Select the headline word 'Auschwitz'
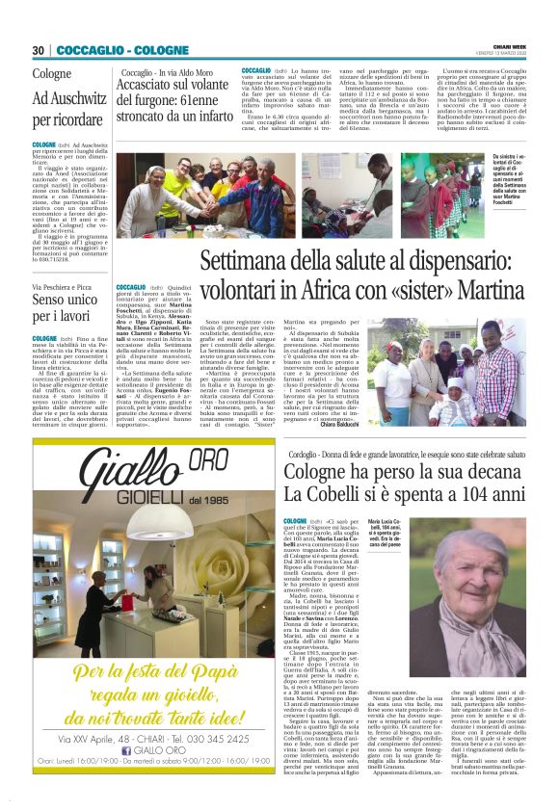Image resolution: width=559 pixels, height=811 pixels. click(70, 99)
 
